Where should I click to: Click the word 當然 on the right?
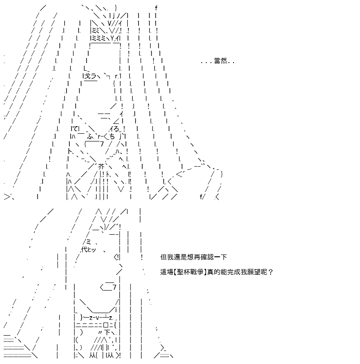pos(220,61)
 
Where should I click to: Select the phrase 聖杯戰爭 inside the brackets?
pos(190,272)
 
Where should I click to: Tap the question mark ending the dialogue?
pos(270,272)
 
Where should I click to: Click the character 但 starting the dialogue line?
pos(163,257)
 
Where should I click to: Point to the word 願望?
pos(257,272)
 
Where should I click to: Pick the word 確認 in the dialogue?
pos(207,257)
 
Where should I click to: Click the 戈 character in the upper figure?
pos(87,76)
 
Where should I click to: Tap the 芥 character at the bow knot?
pos(101,166)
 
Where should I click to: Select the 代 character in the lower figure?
pos(85,249)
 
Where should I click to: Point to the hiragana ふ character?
pos(90,136)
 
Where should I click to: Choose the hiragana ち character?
pos(112,136)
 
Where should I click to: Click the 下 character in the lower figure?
pos(107,332)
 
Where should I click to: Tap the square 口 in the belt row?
pos(106,325)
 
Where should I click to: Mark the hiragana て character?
pos(75,128)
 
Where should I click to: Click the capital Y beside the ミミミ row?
pos(112,38)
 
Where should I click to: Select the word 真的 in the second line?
pos(213,272)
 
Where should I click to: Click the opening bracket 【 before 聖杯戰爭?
pos(175,272)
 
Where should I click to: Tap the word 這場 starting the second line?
pos(167,272)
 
